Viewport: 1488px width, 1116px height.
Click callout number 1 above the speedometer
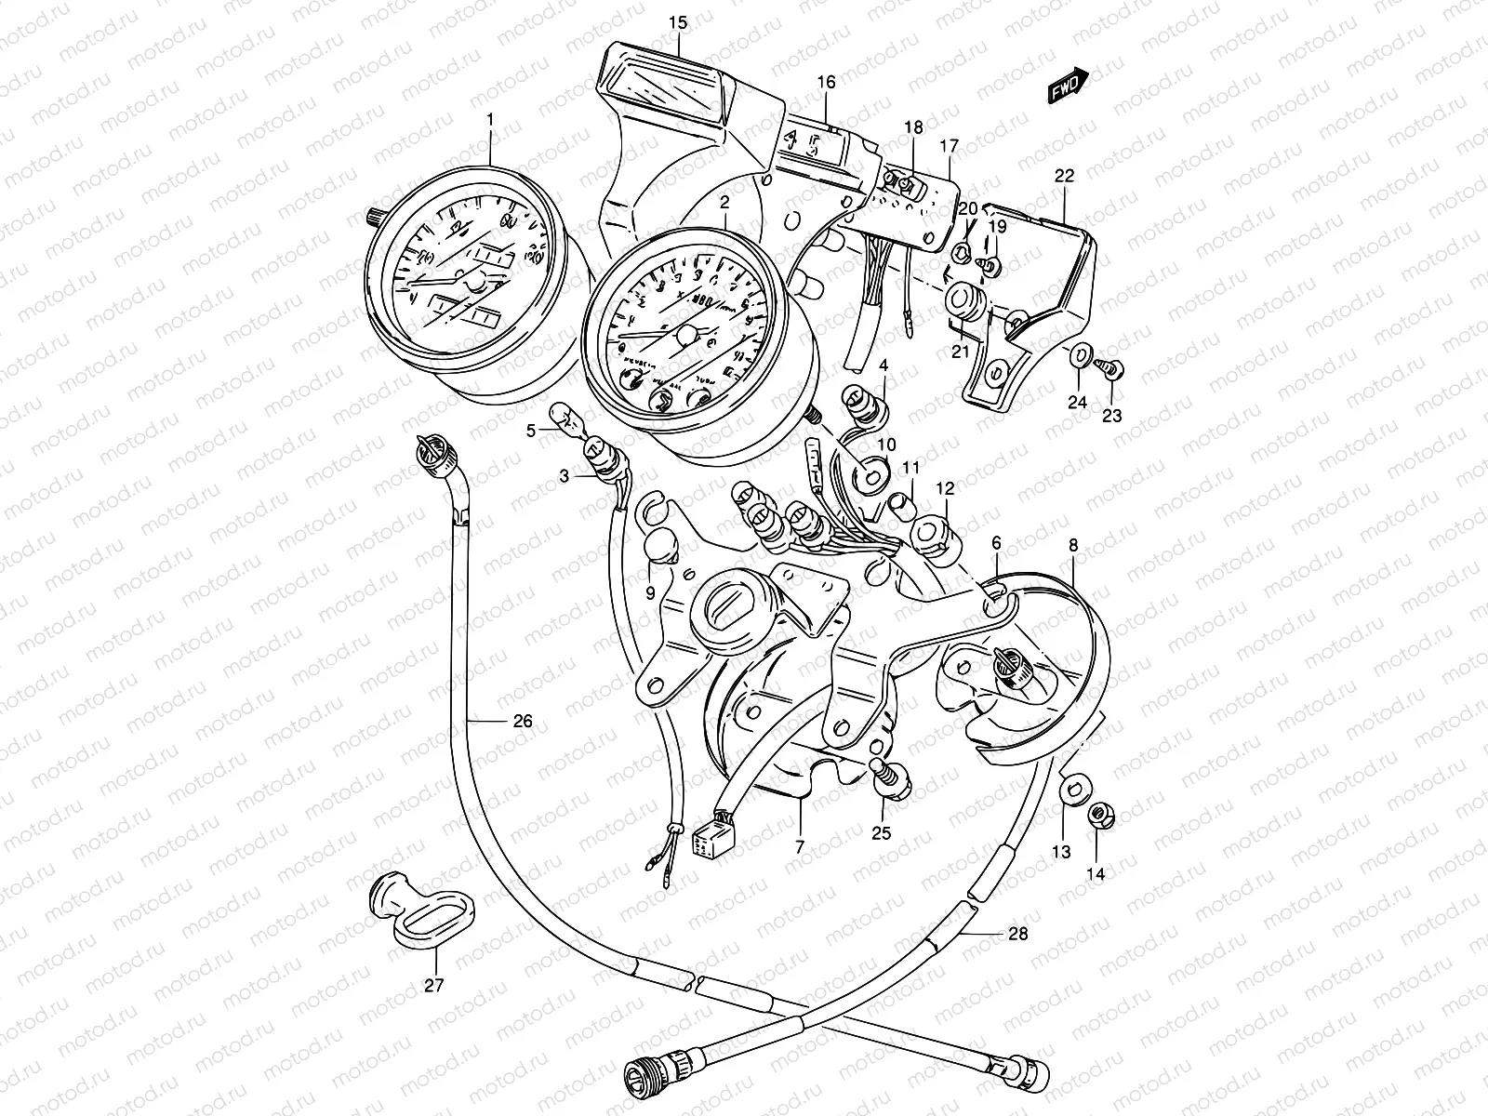[x=491, y=120]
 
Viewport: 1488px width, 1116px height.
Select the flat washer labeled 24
[x=1081, y=354]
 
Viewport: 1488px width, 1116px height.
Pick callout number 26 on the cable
[x=522, y=721]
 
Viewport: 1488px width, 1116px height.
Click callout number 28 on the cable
[x=1018, y=933]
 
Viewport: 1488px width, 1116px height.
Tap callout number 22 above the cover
[x=1064, y=175]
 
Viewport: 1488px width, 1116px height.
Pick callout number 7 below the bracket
[x=800, y=847]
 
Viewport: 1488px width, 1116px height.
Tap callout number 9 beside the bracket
[x=650, y=591]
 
